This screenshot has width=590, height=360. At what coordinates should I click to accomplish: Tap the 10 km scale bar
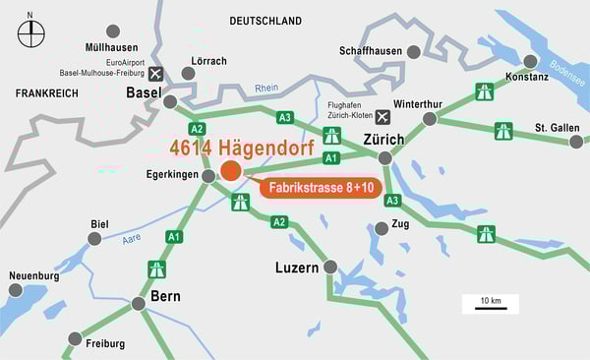[484, 309]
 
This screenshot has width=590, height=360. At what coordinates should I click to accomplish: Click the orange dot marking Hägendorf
[231, 171]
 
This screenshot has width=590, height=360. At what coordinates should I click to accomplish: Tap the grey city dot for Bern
[139, 303]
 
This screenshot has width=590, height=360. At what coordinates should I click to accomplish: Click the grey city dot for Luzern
[330, 267]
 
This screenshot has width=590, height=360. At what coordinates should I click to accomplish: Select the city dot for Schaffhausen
[414, 51]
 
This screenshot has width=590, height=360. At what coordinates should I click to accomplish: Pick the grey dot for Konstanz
[531, 61]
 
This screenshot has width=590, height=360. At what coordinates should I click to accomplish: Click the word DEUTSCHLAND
[265, 21]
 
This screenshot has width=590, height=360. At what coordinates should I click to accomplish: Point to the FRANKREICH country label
[46, 91]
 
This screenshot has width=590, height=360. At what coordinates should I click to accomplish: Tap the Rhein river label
[266, 88]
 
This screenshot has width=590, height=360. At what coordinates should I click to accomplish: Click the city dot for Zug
[382, 228]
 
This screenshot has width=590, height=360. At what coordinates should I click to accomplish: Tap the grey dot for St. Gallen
[576, 142]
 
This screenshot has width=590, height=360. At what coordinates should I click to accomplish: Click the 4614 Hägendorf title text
[242, 149]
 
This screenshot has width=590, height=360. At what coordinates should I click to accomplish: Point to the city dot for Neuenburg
[15, 290]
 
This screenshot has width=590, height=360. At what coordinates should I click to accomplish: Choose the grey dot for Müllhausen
[113, 31]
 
